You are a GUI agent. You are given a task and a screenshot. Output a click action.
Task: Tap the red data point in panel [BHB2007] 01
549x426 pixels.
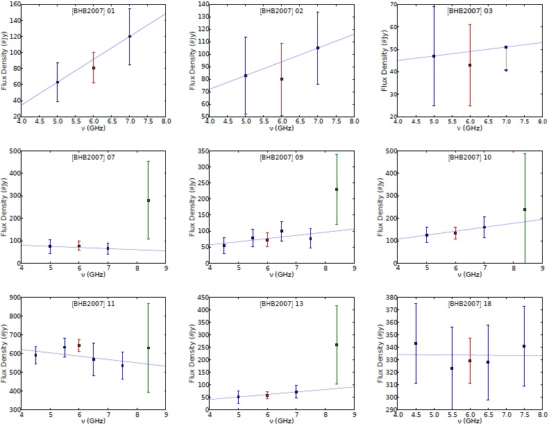click(94, 68)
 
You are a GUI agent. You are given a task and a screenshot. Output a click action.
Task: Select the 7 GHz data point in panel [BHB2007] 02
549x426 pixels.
click(318, 48)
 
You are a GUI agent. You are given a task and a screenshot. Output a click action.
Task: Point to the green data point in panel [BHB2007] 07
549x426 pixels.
click(149, 201)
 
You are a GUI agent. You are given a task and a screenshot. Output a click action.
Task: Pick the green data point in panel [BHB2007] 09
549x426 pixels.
click(337, 189)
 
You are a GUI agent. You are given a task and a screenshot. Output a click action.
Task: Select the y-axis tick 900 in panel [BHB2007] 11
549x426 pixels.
click(12, 298)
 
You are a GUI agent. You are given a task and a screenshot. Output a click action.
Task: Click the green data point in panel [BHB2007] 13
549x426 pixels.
click(337, 345)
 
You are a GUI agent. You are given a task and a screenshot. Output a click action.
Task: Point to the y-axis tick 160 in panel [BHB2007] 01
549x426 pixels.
click(12, 3)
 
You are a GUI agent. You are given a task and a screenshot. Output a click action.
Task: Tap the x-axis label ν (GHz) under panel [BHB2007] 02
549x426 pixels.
click(282, 130)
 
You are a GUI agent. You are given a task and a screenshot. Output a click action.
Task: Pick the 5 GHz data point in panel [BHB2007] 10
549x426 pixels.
click(427, 235)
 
